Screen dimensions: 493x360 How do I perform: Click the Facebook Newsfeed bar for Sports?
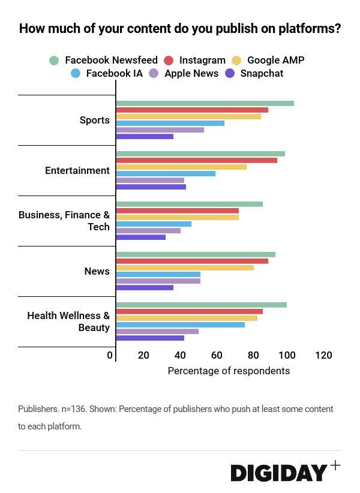(205, 103)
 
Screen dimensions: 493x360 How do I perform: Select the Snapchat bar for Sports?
(145, 136)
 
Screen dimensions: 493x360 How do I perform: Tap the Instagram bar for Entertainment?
(196, 160)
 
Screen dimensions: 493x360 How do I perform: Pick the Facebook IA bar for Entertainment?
(166, 173)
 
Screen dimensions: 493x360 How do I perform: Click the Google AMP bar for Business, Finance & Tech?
(177, 217)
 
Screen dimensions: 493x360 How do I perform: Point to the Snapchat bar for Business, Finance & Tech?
(140, 237)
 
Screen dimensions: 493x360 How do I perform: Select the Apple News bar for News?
(158, 281)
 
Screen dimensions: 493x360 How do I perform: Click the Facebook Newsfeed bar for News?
(196, 254)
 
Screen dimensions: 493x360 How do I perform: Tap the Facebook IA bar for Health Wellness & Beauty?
(180, 324)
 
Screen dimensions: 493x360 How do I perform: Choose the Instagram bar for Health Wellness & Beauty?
(189, 311)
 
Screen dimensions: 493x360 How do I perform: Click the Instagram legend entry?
(194, 60)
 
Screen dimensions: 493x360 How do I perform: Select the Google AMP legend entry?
(268, 60)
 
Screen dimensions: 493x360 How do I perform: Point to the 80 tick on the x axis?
(253, 356)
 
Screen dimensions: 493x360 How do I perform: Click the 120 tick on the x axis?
(323, 356)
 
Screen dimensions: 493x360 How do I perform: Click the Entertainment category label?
(77, 170)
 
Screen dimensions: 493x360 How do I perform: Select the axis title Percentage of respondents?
(229, 371)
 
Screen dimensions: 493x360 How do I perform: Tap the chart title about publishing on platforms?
(180, 28)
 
